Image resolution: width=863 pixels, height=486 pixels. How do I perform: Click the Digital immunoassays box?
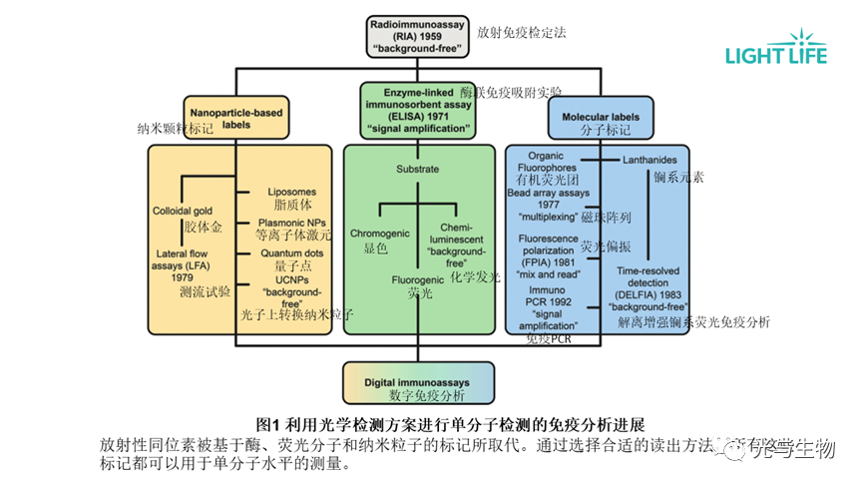point(418,380)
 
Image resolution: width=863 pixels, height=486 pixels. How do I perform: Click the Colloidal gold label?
point(183,212)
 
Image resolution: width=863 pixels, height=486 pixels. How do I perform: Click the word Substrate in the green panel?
point(417,169)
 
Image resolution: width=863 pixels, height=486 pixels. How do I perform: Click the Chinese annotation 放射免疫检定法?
point(521,33)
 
